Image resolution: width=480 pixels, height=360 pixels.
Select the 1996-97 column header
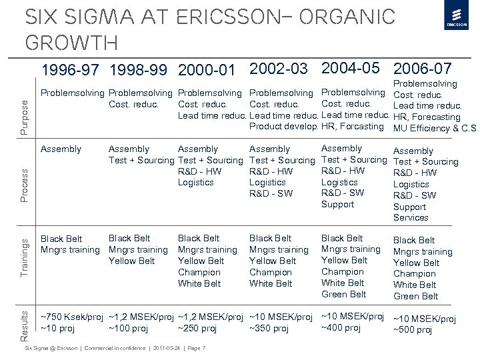(x=72, y=70)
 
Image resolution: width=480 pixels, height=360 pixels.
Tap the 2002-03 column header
(x=279, y=69)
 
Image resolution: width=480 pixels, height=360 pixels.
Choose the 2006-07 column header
(x=423, y=69)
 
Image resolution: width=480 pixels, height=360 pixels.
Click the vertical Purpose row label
(x=25, y=107)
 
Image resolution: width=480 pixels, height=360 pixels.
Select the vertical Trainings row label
(x=25, y=257)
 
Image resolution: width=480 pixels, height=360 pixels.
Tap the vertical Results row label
(x=25, y=319)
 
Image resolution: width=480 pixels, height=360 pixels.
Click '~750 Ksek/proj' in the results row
(x=72, y=317)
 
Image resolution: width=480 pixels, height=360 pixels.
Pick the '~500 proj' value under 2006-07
(x=413, y=329)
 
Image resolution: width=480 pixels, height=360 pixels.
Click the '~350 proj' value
(x=269, y=328)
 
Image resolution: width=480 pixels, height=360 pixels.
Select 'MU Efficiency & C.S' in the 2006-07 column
(x=435, y=129)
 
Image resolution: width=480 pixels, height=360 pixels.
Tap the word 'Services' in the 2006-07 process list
(x=411, y=217)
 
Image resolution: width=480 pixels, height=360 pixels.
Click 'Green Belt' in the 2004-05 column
(x=343, y=294)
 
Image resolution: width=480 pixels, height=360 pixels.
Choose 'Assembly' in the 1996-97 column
(x=61, y=149)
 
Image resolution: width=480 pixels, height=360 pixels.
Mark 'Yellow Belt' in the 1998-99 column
(x=131, y=261)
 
